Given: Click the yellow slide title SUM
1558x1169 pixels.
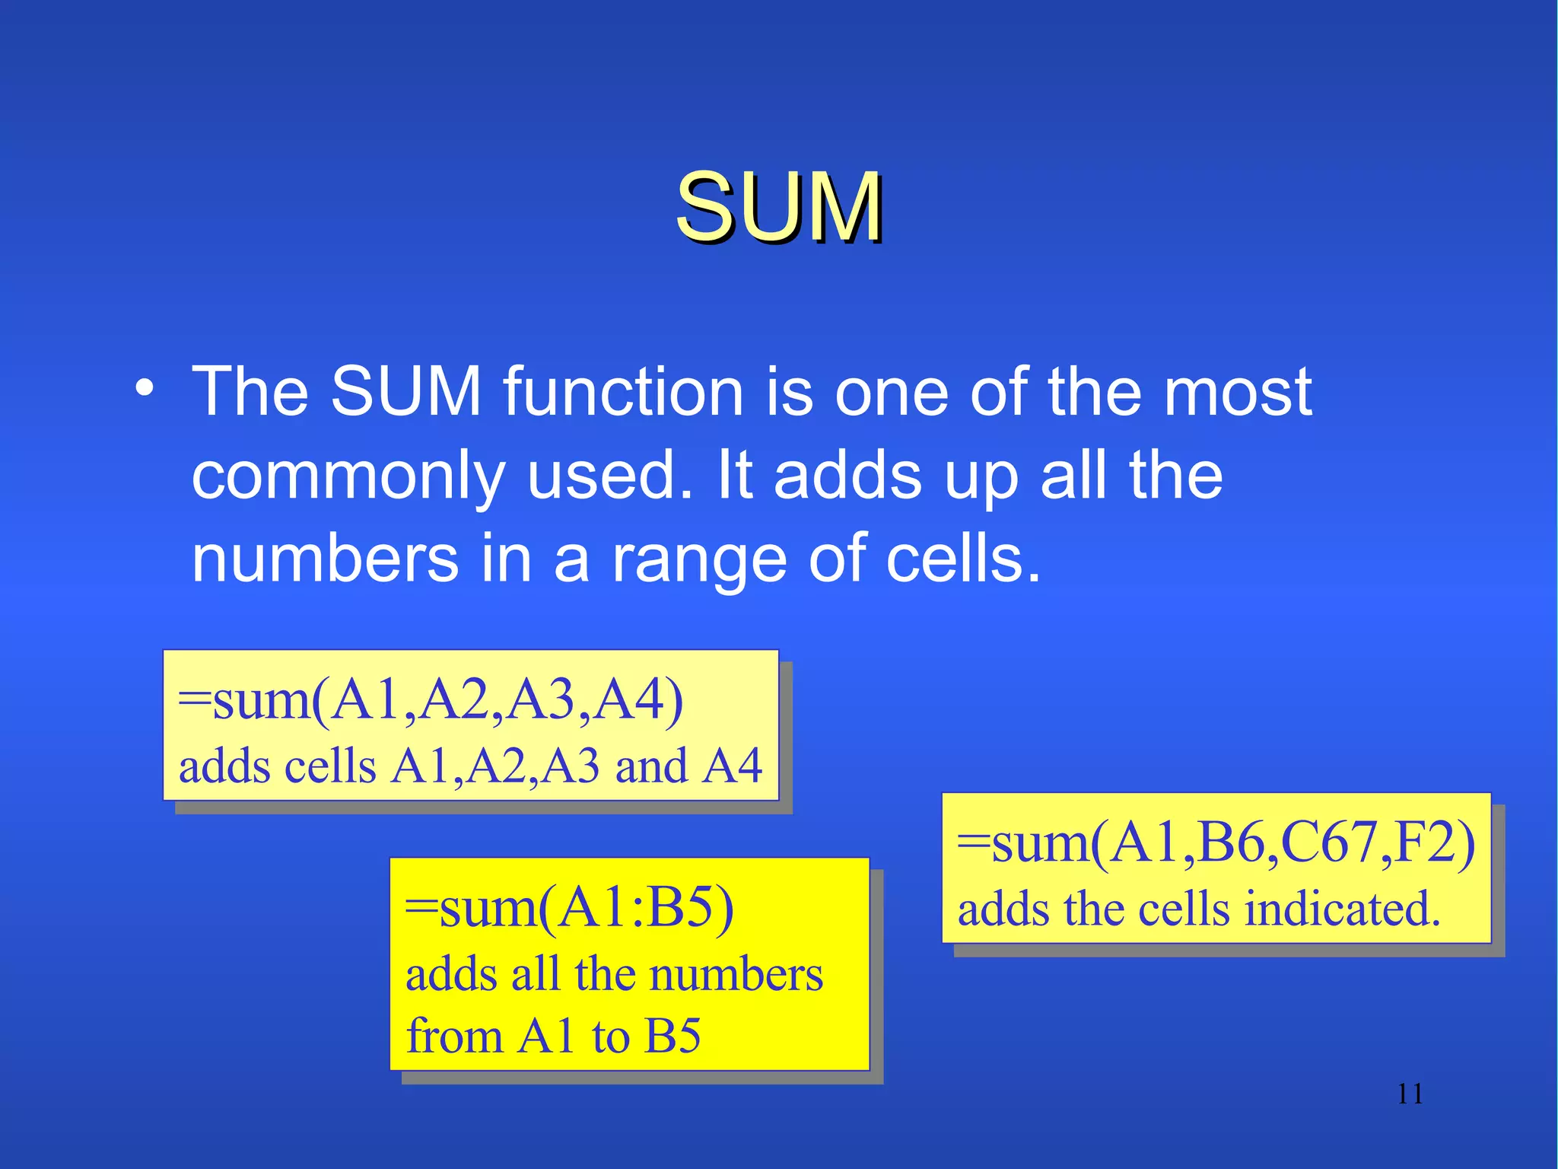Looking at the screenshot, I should pyautogui.click(x=779, y=207).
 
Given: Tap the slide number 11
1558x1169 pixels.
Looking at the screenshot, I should pyautogui.click(x=1410, y=1094).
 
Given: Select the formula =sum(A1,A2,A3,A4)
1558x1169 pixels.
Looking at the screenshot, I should pyautogui.click(x=431, y=700).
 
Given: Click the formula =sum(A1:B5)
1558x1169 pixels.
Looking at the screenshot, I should pyautogui.click(x=569, y=908).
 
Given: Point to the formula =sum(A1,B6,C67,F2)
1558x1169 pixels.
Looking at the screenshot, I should pyautogui.click(x=1215, y=843).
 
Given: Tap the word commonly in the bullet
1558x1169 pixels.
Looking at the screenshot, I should pyautogui.click(x=348, y=476).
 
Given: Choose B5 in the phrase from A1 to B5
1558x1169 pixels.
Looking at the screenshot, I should pyautogui.click(x=672, y=1036).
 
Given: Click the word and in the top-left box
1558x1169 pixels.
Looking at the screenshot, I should pyautogui.click(x=651, y=766).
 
